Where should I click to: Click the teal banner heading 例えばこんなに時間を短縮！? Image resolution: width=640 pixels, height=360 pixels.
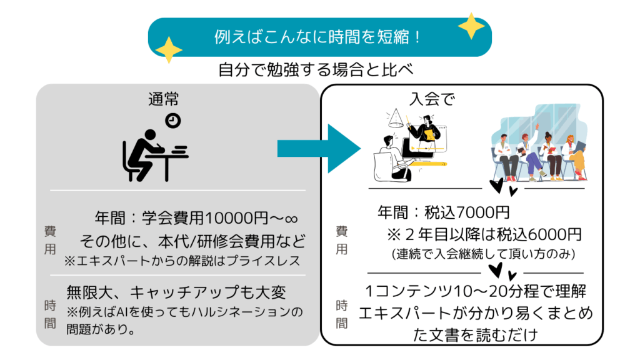click(x=319, y=36)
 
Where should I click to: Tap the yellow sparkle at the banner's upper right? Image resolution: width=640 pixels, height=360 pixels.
click(x=471, y=26)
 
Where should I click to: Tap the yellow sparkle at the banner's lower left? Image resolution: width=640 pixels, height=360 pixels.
click(x=168, y=49)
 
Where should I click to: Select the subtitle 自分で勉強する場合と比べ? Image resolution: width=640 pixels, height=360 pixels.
click(x=317, y=69)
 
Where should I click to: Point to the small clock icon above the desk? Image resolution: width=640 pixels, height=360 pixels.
click(x=172, y=121)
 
